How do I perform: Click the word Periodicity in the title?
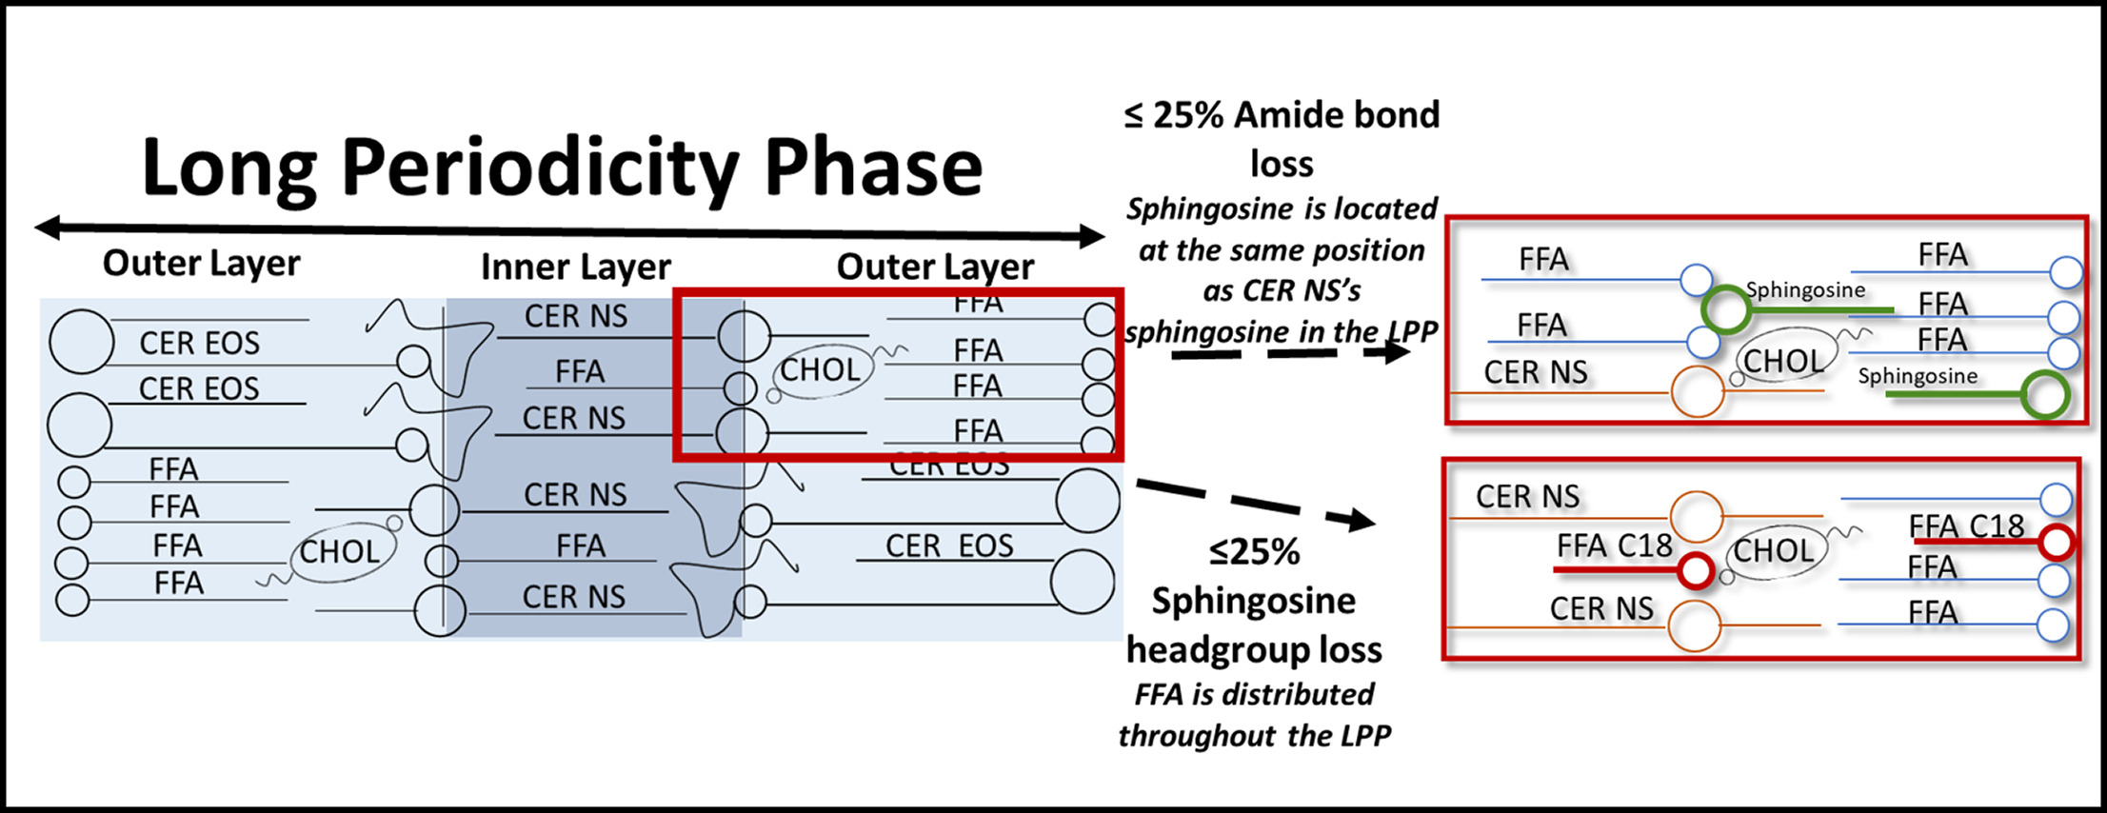point(539,169)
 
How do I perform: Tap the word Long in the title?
point(229,169)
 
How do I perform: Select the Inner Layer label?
point(575,268)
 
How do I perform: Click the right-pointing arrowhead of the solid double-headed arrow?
point(1093,236)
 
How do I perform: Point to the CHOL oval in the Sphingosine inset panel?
point(1782,361)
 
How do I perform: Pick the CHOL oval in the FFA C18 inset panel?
point(1774,550)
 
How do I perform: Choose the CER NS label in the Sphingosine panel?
point(1535,372)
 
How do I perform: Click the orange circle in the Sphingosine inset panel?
point(1698,391)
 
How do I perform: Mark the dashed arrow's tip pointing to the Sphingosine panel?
point(1400,352)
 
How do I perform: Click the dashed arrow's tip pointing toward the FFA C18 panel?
point(1365,521)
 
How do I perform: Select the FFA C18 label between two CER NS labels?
point(1614,545)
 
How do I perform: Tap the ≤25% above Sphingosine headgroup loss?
point(1254,552)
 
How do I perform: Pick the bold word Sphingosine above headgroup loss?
point(1253,602)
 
